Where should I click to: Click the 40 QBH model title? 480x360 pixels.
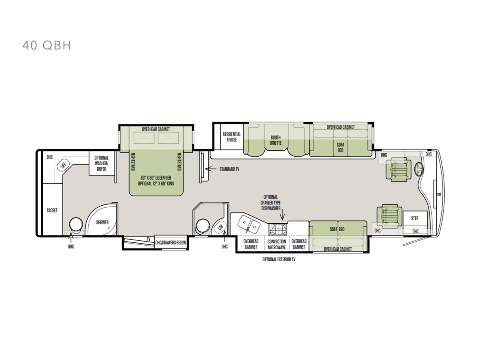click(47, 46)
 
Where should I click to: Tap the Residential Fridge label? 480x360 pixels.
click(232, 137)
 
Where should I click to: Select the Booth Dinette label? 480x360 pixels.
click(276, 140)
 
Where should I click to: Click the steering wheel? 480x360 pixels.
click(419, 169)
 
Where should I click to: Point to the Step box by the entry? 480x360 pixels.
click(415, 218)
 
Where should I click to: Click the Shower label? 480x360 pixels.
click(102, 222)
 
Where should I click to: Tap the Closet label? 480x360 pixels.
click(52, 210)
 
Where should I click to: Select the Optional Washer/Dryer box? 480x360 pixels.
click(102, 163)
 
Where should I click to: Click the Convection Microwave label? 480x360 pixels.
click(277, 244)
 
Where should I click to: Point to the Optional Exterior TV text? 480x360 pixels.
click(279, 260)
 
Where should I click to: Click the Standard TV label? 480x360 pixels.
click(229, 169)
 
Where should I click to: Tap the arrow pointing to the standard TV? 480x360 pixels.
click(210, 169)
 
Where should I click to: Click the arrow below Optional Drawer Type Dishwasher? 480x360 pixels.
click(282, 215)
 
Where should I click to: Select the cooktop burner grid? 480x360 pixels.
click(278, 229)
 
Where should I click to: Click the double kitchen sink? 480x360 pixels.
click(249, 224)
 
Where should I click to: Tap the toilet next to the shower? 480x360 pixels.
click(76, 225)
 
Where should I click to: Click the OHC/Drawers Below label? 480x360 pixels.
click(170, 243)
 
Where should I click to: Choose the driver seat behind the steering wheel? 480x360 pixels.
click(398, 170)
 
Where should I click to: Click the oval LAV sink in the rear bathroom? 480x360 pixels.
click(63, 165)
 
